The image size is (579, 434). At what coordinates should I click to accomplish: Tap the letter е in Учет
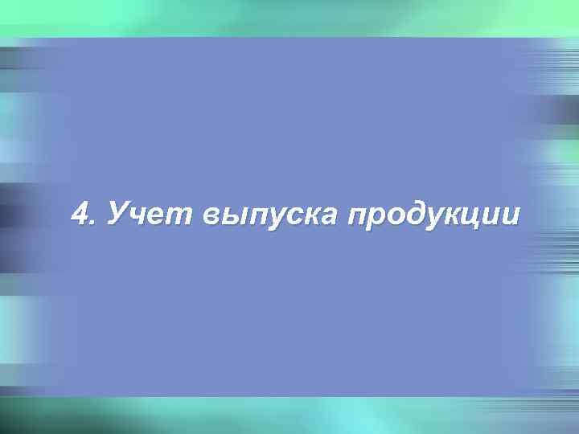click(162, 217)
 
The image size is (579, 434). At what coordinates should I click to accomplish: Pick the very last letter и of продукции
click(515, 217)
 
